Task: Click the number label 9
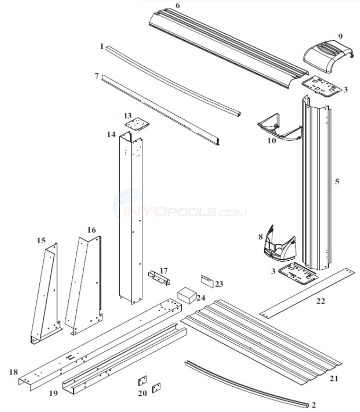pos(340,36)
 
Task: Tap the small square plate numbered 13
pos(133,121)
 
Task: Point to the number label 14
pos(111,134)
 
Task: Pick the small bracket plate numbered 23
pos(207,281)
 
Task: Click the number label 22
pos(320,301)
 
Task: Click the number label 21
pos(334,379)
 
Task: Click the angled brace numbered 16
pos(86,285)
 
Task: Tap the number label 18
pos(14,372)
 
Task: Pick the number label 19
pos(53,393)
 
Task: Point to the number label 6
pos(178,5)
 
